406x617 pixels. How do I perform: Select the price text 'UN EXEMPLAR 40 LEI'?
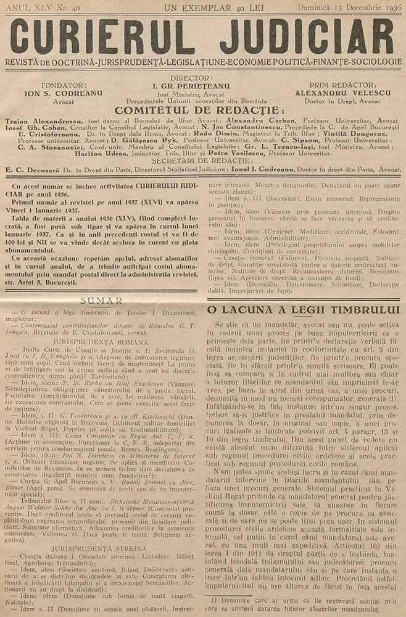[x=205, y=7]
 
